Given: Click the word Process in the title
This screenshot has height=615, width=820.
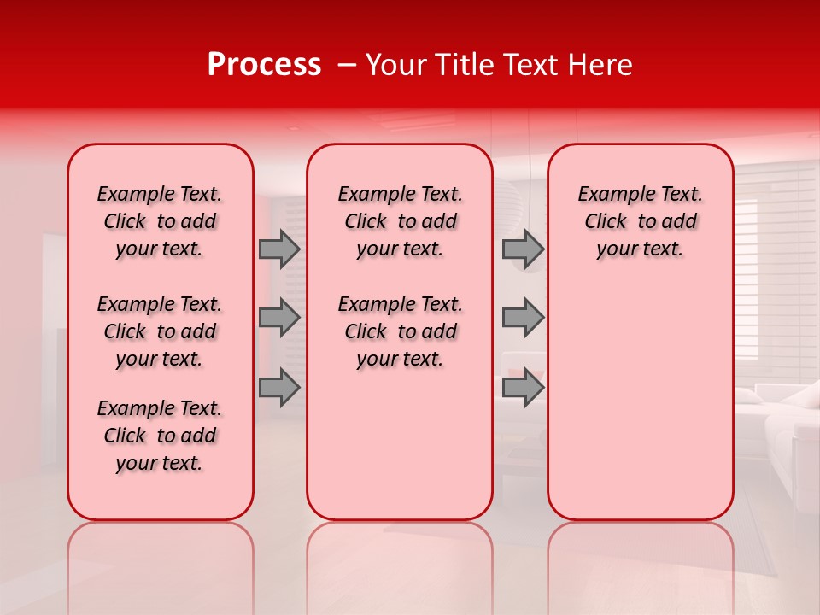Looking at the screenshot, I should (264, 65).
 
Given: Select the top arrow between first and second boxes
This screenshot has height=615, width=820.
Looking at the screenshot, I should (279, 249).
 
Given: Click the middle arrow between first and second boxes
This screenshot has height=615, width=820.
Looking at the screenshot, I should (279, 318).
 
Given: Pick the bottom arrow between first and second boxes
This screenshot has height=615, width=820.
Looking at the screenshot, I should (279, 387).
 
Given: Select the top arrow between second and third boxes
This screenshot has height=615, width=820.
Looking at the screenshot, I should (523, 249).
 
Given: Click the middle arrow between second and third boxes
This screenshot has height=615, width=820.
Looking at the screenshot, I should (523, 318).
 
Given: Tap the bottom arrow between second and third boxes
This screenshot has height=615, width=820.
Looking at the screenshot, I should (523, 387).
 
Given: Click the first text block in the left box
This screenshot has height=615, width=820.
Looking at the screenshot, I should (160, 221).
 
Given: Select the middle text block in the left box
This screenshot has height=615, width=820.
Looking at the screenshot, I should (160, 331).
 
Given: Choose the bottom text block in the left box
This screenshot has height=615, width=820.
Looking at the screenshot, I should (160, 436).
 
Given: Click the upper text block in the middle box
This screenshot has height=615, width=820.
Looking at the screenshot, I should (400, 221).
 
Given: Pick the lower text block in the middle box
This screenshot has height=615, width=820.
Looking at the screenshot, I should (400, 331).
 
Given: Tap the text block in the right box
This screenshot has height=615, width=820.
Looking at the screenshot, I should (640, 221).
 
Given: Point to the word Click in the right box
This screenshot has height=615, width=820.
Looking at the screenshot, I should (606, 222).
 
